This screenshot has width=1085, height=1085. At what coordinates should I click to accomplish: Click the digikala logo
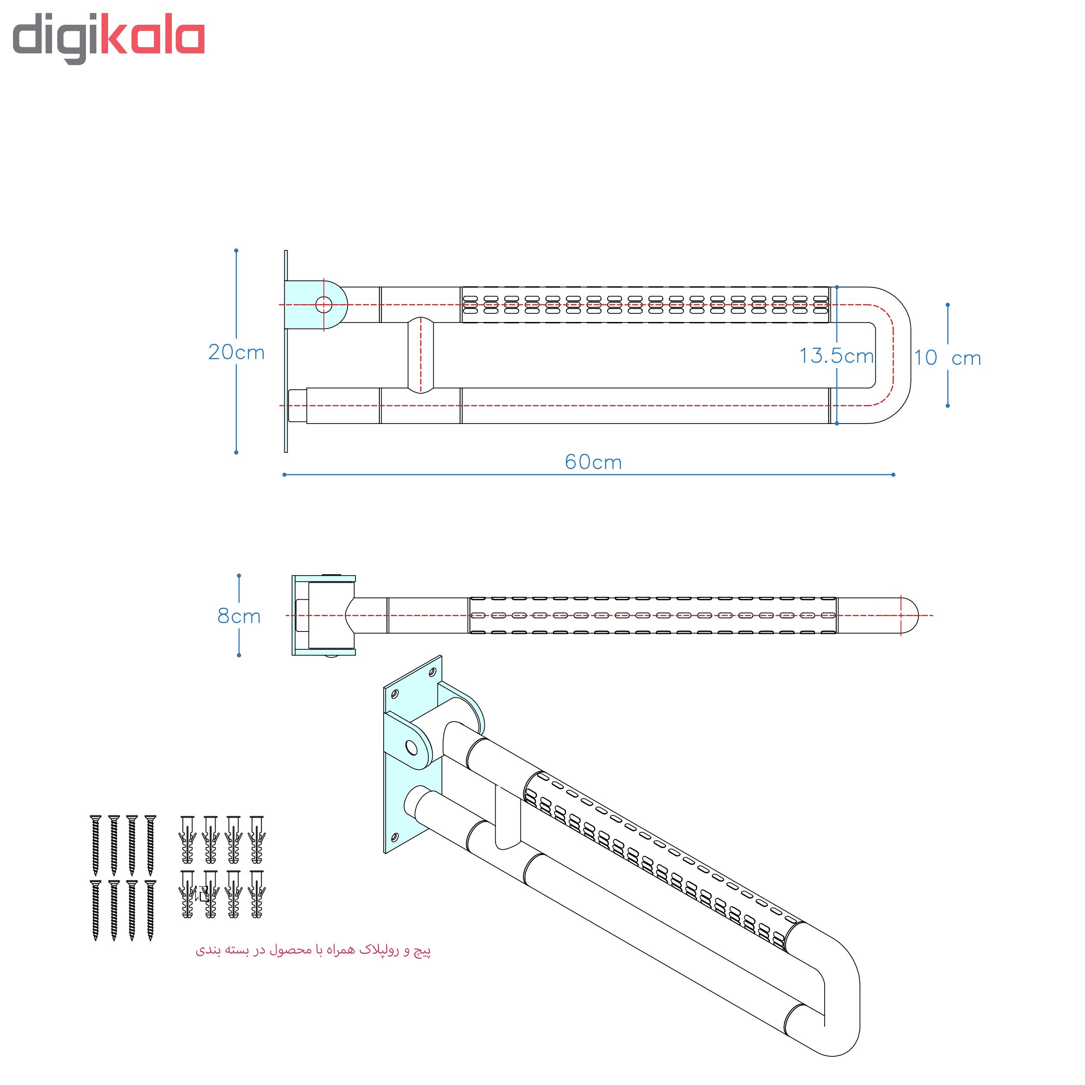coord(108,38)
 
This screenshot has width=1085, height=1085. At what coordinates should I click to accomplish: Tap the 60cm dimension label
coord(593,462)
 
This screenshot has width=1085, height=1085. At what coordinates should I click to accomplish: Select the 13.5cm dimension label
coord(836,355)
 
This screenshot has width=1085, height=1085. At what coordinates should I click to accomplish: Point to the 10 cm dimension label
coord(947,358)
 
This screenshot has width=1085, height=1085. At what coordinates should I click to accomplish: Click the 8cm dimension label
coord(239,616)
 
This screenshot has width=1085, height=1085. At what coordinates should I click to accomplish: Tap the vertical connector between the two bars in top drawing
coord(420,355)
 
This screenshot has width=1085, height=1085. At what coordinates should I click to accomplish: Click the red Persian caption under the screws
coord(313,950)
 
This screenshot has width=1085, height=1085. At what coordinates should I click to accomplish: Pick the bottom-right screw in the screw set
coord(150,909)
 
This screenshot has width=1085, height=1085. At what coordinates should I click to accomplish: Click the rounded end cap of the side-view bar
coord(909,615)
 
